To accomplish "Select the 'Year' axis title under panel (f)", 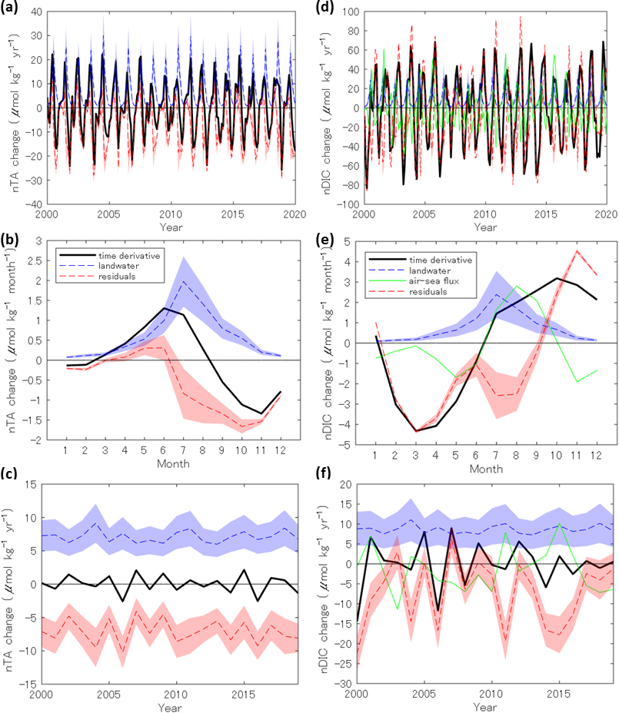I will pos(485,706).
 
